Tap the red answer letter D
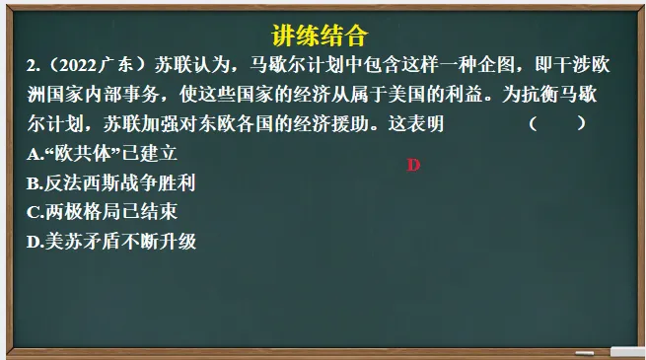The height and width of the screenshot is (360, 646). click(413, 165)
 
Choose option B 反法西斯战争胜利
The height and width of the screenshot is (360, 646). click(112, 182)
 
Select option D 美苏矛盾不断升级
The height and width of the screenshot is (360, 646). click(112, 241)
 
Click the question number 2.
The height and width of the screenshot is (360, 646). click(33, 66)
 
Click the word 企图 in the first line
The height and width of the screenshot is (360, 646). click(479, 66)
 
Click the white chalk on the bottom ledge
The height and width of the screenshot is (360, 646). click(626, 350)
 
